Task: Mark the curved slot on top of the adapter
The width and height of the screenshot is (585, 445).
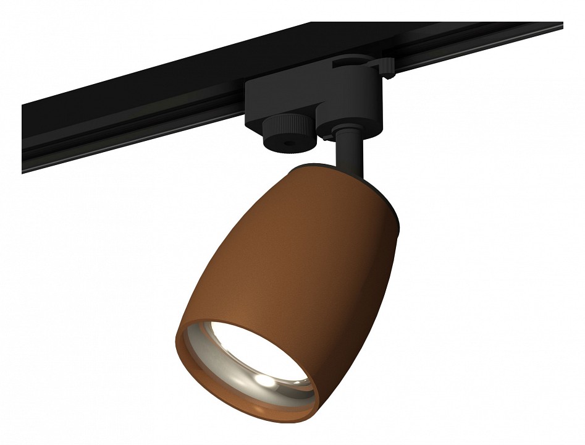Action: click(x=358, y=62)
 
